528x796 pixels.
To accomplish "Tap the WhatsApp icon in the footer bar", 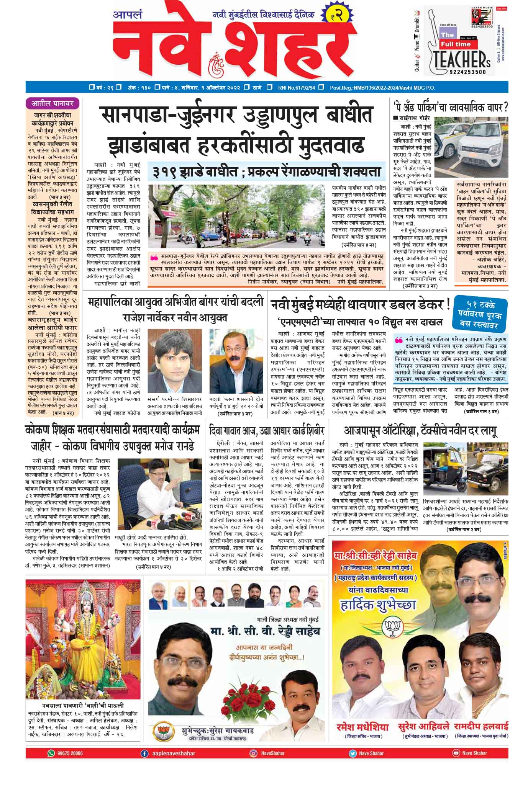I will point(51,753).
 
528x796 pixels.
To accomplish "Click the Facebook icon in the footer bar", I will point(144,753).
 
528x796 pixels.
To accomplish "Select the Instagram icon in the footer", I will point(253,753).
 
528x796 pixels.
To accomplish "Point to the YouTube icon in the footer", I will point(456,753).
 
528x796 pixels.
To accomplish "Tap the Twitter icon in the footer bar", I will point(353,753).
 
